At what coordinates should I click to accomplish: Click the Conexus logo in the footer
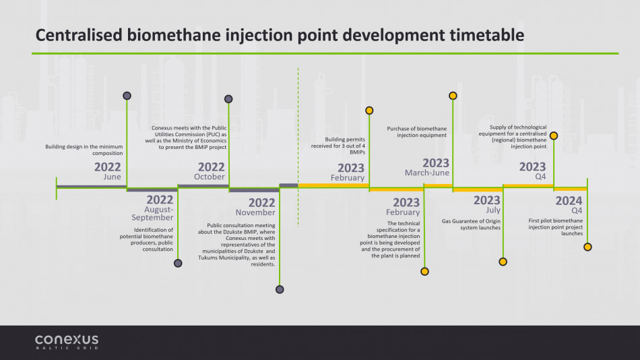[x=67, y=342]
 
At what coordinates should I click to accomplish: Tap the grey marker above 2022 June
[x=127, y=96]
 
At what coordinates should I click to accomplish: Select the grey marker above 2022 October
[x=228, y=99]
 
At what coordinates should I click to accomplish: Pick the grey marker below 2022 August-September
[x=178, y=263]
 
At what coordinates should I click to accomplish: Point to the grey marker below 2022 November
[x=280, y=289]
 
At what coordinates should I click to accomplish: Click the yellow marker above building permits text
[x=369, y=111]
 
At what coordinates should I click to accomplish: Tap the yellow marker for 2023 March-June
[x=453, y=96]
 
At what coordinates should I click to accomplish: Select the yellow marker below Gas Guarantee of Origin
[x=503, y=262]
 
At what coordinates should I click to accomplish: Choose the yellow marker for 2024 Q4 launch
[x=587, y=247]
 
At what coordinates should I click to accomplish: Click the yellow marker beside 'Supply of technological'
[x=554, y=136]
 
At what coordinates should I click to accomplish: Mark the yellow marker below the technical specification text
[x=424, y=271]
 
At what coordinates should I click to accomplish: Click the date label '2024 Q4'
[x=569, y=205]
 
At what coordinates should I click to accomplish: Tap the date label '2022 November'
[x=255, y=207]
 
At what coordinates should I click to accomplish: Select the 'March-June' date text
[x=427, y=173]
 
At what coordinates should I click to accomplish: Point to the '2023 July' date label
[x=487, y=204]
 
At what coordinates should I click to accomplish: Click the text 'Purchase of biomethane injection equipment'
[x=417, y=132]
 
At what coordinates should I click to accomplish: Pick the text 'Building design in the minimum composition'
[x=84, y=150]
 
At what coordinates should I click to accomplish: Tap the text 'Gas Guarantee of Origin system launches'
[x=471, y=224]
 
